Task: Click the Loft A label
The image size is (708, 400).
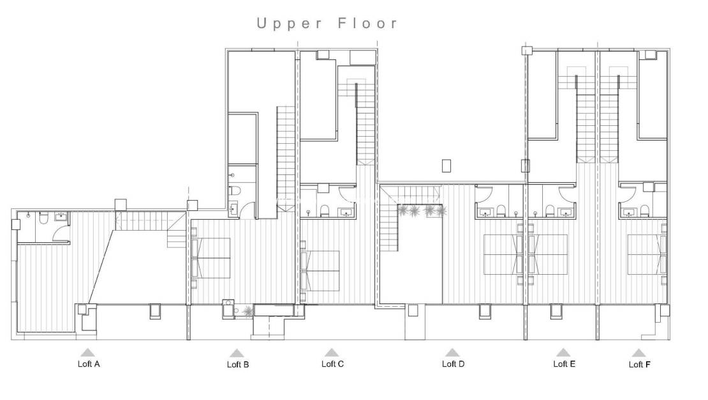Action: tap(88, 364)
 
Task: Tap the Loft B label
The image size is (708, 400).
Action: tap(238, 365)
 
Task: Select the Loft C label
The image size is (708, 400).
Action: tap(332, 364)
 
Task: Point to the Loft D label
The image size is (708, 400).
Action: tap(453, 364)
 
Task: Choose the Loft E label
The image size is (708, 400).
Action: tap(564, 364)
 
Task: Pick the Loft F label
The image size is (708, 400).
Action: tap(639, 365)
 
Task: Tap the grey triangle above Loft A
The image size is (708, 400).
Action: tap(87, 351)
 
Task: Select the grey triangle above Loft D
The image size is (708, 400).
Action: tap(452, 352)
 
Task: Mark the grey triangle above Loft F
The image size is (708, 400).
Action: tap(638, 352)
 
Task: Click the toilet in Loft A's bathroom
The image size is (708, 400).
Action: tap(43, 219)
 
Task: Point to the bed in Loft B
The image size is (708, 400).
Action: tap(212, 258)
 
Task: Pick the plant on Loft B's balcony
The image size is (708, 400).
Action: tap(247, 311)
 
